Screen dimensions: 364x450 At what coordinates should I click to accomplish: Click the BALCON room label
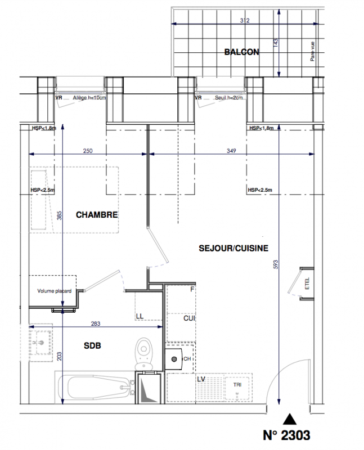click(x=241, y=52)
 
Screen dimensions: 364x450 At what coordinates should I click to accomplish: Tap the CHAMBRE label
click(x=97, y=215)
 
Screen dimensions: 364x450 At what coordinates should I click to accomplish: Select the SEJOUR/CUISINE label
click(x=233, y=248)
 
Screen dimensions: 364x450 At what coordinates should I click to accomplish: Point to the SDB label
click(x=92, y=345)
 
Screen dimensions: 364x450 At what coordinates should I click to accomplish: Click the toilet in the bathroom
click(x=144, y=354)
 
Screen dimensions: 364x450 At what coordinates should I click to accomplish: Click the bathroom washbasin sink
click(x=41, y=343)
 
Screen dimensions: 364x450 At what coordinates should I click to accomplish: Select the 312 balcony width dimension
click(x=245, y=20)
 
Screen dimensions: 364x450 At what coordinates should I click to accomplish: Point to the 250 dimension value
click(x=88, y=151)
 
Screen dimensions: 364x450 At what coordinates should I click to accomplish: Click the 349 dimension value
click(x=231, y=151)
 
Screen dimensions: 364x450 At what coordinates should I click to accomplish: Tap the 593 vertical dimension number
click(x=276, y=264)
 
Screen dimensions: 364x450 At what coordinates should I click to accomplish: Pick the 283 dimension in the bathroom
click(x=96, y=323)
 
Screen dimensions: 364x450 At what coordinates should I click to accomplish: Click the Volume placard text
click(x=54, y=291)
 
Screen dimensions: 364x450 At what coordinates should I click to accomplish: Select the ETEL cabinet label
click(x=307, y=283)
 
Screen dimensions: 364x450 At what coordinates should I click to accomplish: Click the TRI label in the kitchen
click(x=237, y=385)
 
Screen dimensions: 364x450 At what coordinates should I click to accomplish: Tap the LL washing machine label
click(x=140, y=316)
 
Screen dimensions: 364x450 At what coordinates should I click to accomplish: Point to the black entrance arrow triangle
click(x=289, y=419)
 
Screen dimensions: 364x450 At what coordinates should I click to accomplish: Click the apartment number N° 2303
click(x=286, y=435)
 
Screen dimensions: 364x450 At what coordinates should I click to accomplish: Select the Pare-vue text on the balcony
click(x=312, y=51)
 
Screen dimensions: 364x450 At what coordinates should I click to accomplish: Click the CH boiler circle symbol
click(x=174, y=359)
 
